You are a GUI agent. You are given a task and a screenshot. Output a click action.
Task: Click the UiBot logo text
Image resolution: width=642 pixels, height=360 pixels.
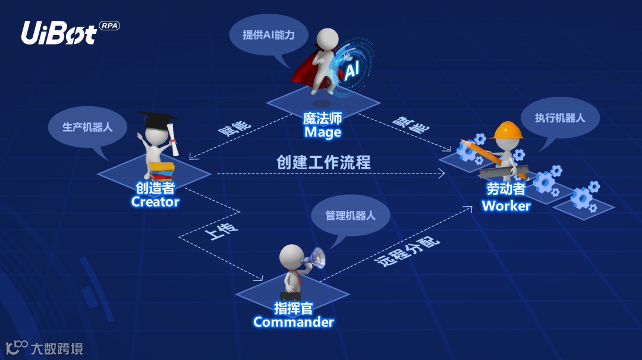click(x=58, y=33)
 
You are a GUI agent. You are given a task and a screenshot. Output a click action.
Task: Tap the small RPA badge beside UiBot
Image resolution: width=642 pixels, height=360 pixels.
click(x=109, y=26)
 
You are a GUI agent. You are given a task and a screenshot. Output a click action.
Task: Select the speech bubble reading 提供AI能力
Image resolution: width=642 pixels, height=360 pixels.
click(x=268, y=35)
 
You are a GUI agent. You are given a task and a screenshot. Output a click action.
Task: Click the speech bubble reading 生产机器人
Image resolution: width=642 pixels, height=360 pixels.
click(x=87, y=127)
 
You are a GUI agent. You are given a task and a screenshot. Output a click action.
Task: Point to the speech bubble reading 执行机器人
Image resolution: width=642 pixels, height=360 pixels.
click(x=559, y=117)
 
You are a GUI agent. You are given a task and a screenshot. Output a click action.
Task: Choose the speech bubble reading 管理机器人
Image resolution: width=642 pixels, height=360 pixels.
click(x=350, y=215)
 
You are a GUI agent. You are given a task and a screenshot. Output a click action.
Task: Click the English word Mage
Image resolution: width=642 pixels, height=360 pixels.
click(x=322, y=132)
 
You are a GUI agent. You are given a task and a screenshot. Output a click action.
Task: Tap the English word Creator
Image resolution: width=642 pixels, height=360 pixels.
click(x=155, y=202)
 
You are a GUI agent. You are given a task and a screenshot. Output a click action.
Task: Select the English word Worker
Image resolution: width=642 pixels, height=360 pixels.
click(x=506, y=206)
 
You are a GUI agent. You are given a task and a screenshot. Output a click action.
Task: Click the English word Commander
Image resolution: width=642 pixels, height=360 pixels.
click(x=293, y=322)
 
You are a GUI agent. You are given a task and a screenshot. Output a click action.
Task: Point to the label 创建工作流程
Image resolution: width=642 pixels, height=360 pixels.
click(x=323, y=162)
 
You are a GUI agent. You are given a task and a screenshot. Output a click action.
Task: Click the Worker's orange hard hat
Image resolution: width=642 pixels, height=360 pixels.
click(x=507, y=130)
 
